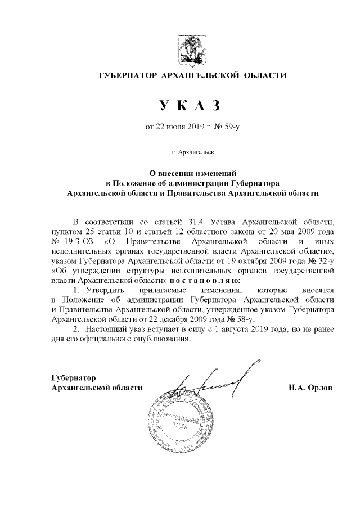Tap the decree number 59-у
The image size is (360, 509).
tap(230, 128)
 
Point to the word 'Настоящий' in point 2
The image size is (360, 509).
tap(103, 327)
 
